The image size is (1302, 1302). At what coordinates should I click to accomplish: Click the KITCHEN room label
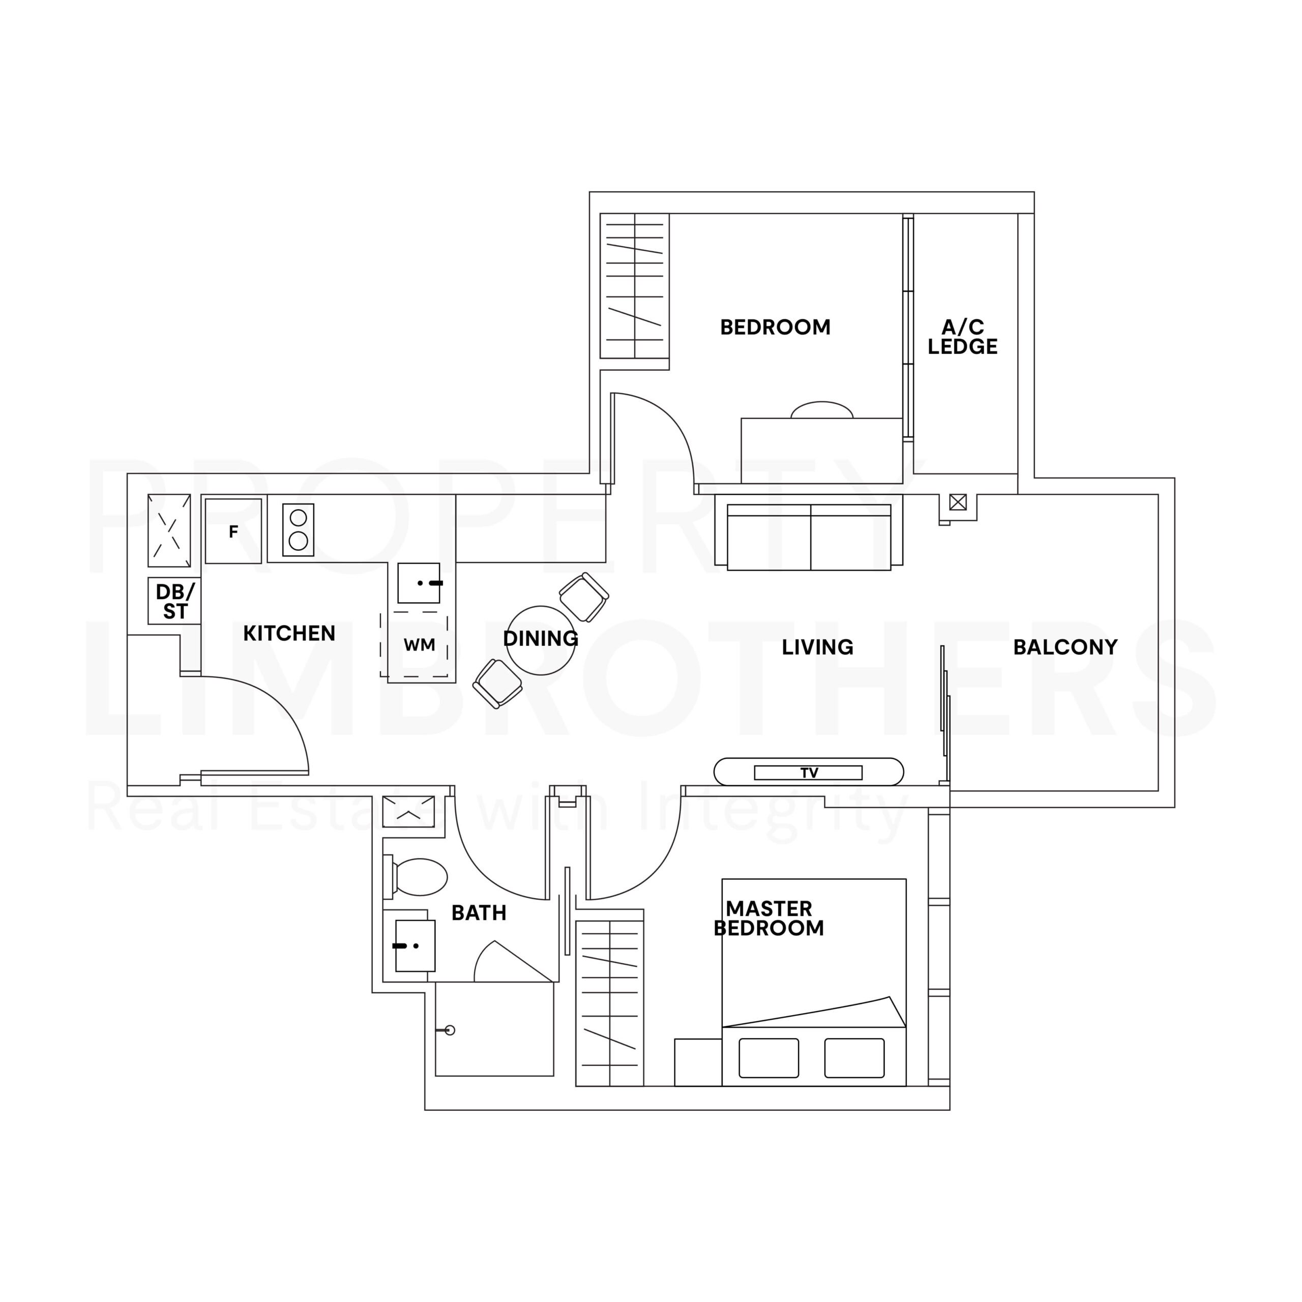289,634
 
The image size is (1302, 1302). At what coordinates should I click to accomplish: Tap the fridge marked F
233,531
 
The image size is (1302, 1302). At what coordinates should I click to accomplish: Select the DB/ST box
174,601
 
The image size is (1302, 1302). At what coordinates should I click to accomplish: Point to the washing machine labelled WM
419,644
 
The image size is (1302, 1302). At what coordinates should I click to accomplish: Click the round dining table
541,640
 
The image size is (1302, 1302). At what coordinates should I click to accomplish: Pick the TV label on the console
809,773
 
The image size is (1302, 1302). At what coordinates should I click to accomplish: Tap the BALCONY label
1066,647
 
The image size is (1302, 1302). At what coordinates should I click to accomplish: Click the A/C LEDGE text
962,337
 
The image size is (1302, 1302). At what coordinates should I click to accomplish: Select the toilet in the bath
415,877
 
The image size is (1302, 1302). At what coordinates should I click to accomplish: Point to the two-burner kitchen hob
299,529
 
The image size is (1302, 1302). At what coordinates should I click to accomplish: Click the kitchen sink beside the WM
419,583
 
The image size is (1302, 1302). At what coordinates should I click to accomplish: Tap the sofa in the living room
809,537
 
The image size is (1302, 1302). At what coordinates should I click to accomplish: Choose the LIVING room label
817,647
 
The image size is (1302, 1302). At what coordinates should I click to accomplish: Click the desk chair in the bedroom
821,410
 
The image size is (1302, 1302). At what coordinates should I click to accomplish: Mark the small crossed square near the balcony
958,502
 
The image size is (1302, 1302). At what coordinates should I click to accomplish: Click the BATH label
479,913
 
